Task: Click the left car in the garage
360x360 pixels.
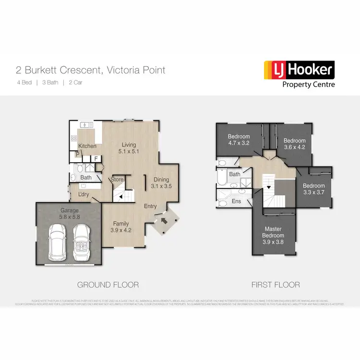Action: (58, 242)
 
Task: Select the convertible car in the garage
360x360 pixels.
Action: (82, 242)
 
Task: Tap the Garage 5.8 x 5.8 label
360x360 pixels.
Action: (69, 214)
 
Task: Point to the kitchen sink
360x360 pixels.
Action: (86, 125)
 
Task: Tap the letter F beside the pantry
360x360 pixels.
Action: (96, 159)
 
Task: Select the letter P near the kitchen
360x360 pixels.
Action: (77, 155)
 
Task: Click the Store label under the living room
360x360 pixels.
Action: (117, 180)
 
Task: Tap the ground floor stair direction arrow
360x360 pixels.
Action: (121, 196)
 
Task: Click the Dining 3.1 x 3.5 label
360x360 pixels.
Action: (161, 182)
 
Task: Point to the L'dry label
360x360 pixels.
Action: (84, 194)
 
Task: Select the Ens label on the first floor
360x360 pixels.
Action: (236, 202)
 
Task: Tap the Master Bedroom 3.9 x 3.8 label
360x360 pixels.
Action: (273, 235)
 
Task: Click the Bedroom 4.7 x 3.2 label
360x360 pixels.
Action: (239, 140)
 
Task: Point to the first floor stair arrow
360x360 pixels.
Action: (269, 186)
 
